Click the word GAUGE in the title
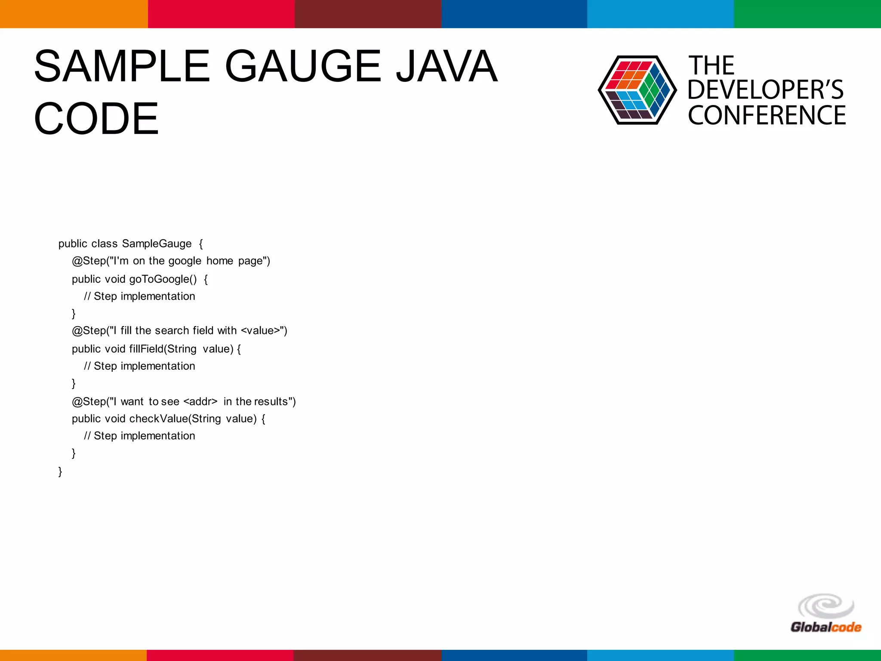(303, 67)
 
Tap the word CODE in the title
(96, 119)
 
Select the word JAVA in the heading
(446, 67)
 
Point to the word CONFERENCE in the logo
(767, 115)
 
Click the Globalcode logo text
(826, 627)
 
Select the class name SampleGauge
(157, 244)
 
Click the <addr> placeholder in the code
(200, 402)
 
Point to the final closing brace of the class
(60, 472)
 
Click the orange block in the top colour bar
(74, 14)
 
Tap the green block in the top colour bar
(807, 14)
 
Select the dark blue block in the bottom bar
(514, 655)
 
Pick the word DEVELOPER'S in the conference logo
(765, 90)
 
